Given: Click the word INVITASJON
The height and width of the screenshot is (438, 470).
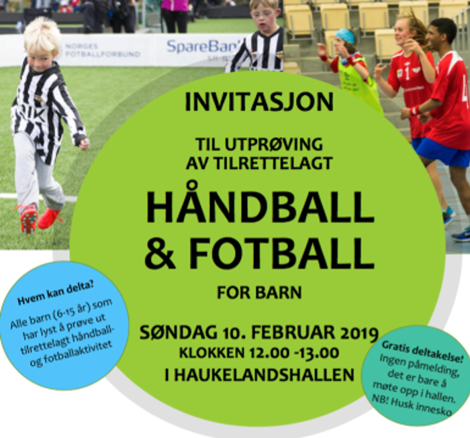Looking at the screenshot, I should (x=259, y=103).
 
